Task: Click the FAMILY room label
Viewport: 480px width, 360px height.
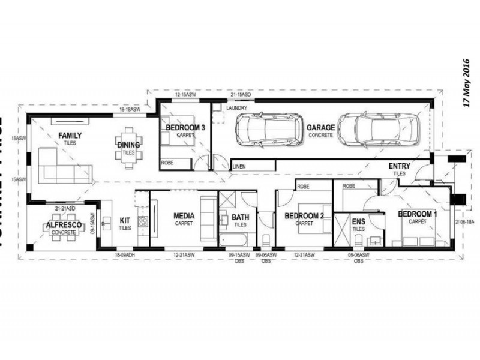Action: click(70, 136)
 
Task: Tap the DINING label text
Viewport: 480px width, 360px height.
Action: click(128, 145)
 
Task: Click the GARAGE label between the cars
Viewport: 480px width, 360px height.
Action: click(320, 128)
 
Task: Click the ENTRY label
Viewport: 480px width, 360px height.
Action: click(399, 166)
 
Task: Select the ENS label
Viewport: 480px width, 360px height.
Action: click(358, 221)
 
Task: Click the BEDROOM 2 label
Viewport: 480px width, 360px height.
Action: click(304, 216)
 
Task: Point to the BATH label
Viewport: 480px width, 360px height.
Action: click(240, 217)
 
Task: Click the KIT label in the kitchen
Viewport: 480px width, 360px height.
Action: click(125, 220)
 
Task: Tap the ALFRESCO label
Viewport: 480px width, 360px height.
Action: click(63, 225)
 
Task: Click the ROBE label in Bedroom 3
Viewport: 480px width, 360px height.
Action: click(167, 163)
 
